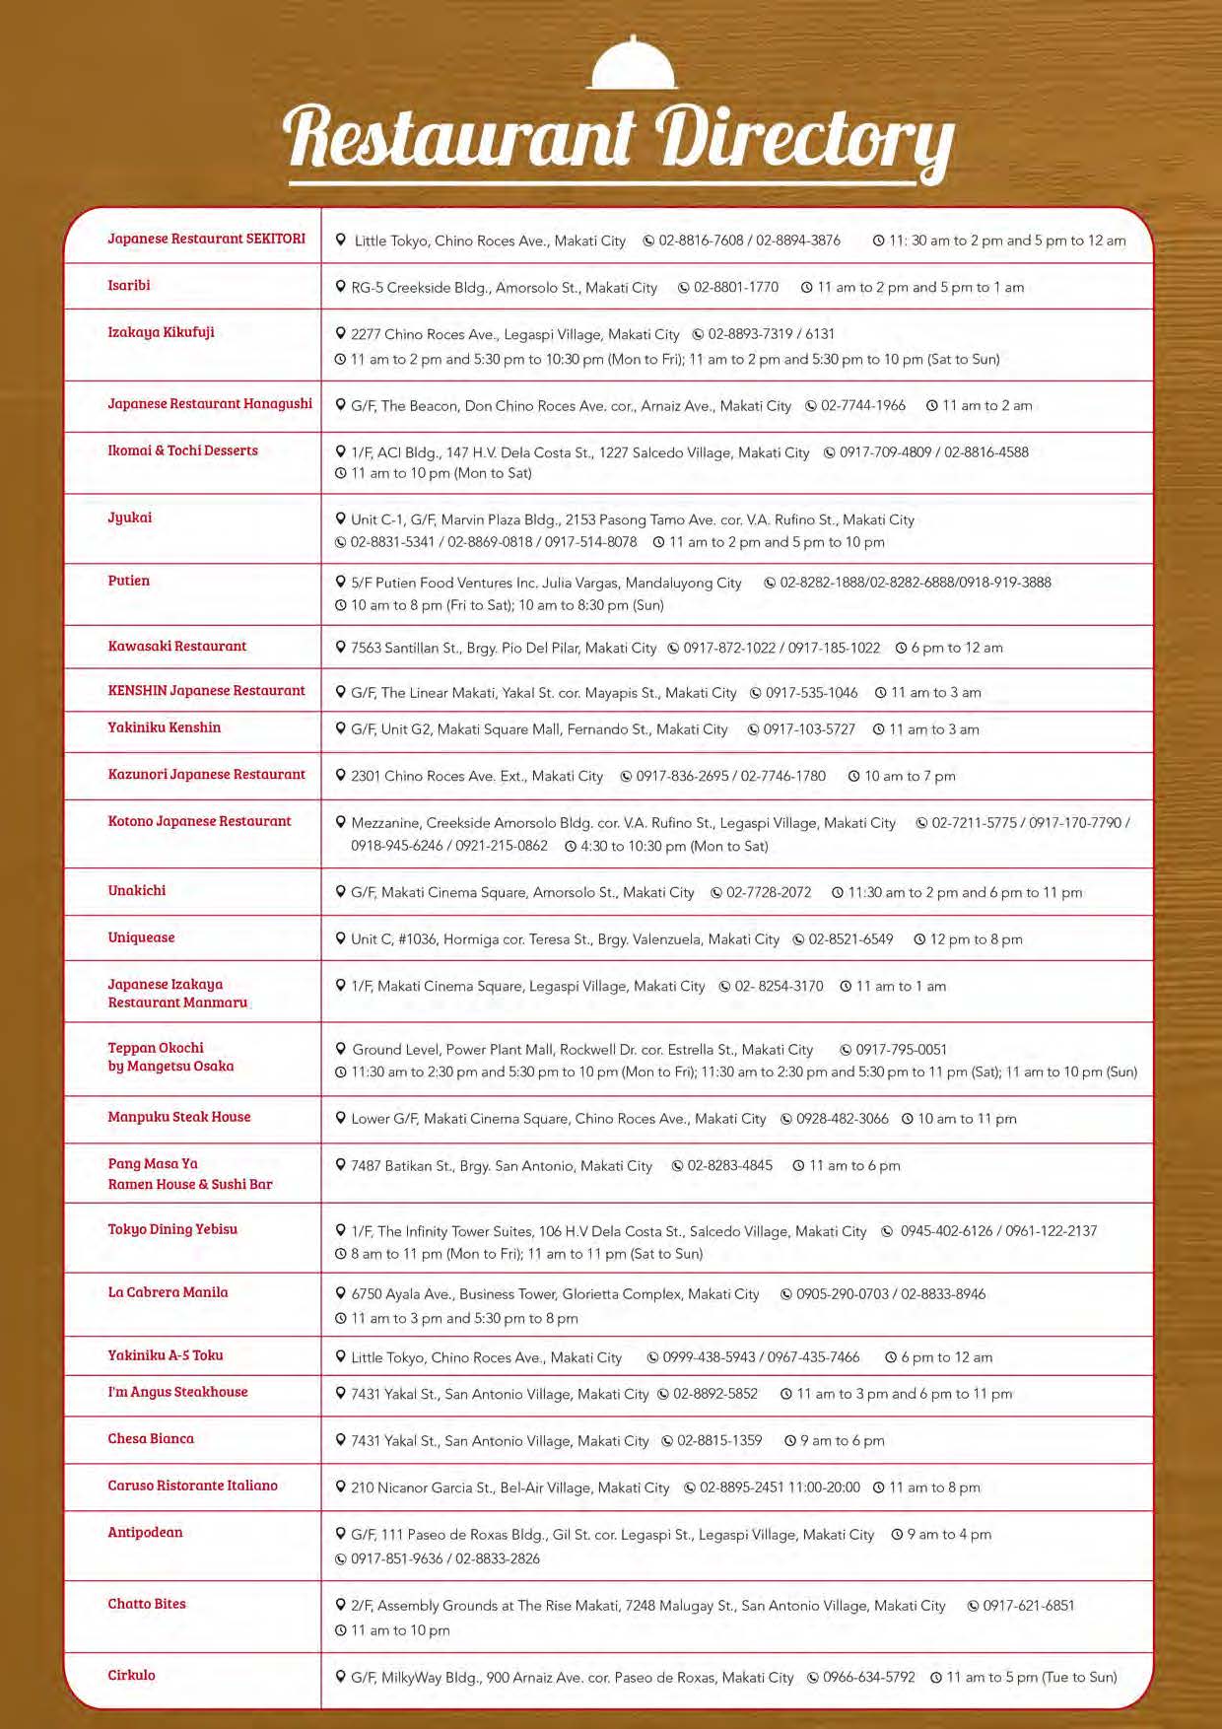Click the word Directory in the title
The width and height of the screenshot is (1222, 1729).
[803, 138]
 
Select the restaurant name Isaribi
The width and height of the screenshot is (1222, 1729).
[129, 286]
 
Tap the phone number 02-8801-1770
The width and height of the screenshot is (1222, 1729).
[735, 288]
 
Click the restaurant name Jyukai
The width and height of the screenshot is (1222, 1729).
[130, 519]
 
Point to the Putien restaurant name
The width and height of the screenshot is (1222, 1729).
[129, 582]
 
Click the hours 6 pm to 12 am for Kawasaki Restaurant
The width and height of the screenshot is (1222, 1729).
[956, 649]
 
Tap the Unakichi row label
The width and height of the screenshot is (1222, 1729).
[137, 891]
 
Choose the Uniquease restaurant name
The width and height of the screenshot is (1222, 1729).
[141, 938]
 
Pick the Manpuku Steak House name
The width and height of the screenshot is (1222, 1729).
[179, 1118]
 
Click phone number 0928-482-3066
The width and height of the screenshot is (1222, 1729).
[842, 1119]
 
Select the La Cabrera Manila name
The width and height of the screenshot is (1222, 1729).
[168, 1293]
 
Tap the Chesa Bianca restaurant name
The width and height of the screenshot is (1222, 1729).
[151, 1439]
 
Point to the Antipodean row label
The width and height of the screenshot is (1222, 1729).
[145, 1533]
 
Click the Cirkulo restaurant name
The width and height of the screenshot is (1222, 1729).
[131, 1676]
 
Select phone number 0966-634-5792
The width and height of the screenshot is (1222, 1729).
[868, 1678]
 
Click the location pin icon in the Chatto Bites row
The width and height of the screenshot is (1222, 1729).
[341, 1606]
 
